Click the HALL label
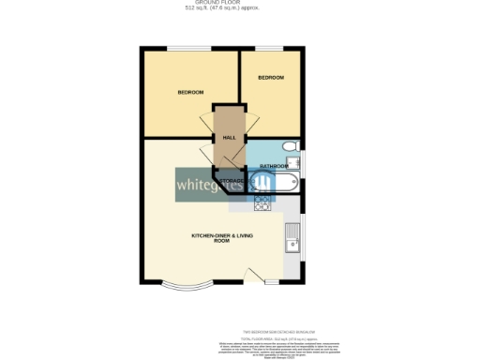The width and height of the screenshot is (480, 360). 228,137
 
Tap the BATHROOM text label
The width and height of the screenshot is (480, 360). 274,166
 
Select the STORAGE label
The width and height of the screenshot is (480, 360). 232,180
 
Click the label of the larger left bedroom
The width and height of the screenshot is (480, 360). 191,92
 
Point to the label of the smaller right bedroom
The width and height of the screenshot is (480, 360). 271,77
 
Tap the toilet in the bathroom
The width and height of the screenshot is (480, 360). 292,146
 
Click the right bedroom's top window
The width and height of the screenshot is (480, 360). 271,49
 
